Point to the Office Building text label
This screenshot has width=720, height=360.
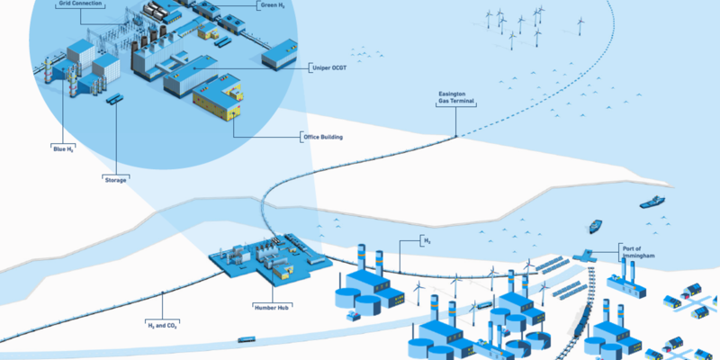322,137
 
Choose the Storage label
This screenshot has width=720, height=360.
115,178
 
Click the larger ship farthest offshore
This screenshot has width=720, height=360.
653,202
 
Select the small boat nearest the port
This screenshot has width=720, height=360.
595,227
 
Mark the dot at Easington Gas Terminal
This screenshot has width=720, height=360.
456,136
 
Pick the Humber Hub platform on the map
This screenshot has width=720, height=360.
261,261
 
